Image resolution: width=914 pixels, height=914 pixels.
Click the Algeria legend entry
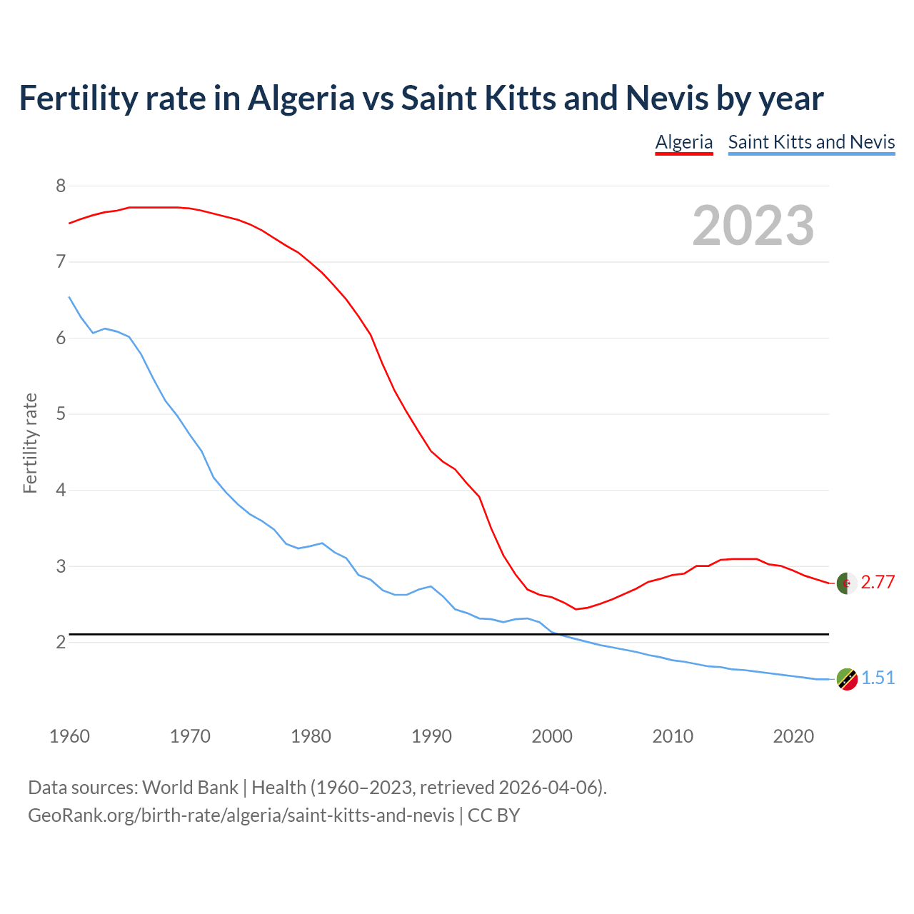(684, 142)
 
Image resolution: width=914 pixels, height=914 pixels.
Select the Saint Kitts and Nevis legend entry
(811, 142)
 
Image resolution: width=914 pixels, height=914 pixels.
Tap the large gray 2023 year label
(753, 226)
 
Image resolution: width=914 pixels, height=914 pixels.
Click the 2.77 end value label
(878, 583)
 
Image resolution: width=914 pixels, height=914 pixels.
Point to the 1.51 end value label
(878, 678)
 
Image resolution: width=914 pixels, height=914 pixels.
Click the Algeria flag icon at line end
(847, 583)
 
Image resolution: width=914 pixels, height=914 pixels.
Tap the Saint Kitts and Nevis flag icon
(847, 679)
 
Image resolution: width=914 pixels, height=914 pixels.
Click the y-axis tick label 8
(61, 186)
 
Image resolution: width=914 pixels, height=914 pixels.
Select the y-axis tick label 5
(61, 414)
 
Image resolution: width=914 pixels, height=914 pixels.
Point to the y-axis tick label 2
(61, 643)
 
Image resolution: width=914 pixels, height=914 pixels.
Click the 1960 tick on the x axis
(69, 736)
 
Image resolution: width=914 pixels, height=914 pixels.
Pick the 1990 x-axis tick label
(431, 736)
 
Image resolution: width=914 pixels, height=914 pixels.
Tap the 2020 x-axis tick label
(793, 736)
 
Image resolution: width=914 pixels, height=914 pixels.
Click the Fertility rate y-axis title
(30, 443)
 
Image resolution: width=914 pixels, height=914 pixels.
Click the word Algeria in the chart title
(301, 98)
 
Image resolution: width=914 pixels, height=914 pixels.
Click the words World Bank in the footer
(190, 788)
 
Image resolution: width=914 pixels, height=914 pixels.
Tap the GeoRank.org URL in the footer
(241, 815)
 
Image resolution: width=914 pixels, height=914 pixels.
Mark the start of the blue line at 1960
(69, 297)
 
